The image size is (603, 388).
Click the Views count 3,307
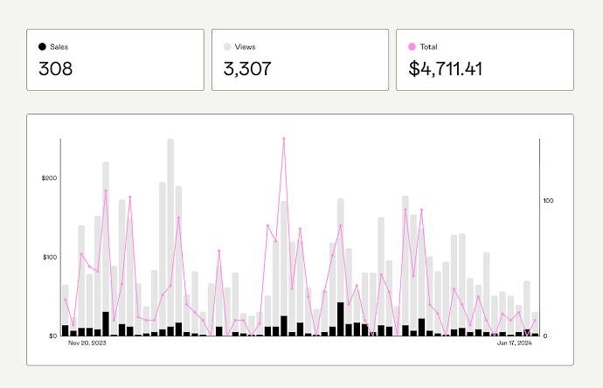(x=247, y=69)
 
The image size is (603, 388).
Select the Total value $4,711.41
(x=446, y=69)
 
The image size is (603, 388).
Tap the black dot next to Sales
(x=42, y=46)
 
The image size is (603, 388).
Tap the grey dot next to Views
(x=227, y=46)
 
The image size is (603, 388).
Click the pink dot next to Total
(x=412, y=46)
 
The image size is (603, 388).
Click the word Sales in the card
(x=59, y=46)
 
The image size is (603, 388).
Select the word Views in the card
(x=246, y=46)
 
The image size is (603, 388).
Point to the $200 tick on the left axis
(x=49, y=178)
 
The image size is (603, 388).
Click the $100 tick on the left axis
(x=49, y=257)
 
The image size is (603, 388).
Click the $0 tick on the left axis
(x=52, y=336)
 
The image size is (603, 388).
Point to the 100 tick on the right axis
(x=549, y=201)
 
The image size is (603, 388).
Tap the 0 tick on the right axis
(x=545, y=336)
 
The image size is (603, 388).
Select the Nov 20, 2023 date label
(x=87, y=343)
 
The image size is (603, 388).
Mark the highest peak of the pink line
(x=284, y=138)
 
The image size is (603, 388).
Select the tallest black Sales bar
(x=340, y=319)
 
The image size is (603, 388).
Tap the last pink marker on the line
(x=535, y=321)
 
